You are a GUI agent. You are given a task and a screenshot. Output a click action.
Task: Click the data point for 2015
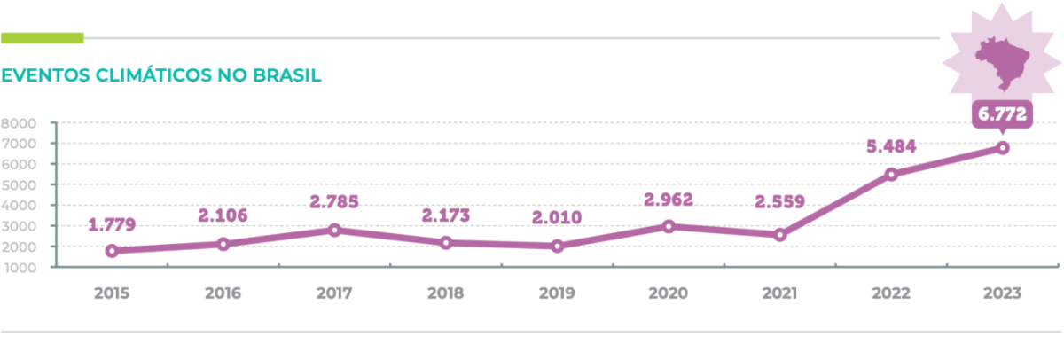[x=112, y=251]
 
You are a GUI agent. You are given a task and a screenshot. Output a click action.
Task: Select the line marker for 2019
[x=557, y=246]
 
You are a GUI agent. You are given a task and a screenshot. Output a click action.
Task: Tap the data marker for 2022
[x=891, y=175]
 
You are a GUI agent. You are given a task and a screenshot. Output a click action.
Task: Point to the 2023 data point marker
[x=1002, y=148]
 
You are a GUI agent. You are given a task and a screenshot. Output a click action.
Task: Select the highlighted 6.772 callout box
[x=1002, y=115]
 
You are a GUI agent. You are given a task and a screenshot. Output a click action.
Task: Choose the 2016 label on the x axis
[x=223, y=292]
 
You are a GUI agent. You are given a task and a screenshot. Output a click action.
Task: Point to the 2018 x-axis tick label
[x=446, y=292]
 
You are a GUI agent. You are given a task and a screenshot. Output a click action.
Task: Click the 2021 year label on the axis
[x=779, y=292]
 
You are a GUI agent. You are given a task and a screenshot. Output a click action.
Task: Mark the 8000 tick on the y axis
[x=19, y=123]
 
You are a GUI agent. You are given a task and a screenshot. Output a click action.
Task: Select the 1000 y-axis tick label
[x=19, y=266]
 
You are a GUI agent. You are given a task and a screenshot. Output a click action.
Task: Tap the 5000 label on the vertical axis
[x=19, y=184]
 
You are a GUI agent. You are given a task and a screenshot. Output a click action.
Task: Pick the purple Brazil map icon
[x=1002, y=60]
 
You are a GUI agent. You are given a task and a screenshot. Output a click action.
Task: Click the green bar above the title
[x=42, y=38]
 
